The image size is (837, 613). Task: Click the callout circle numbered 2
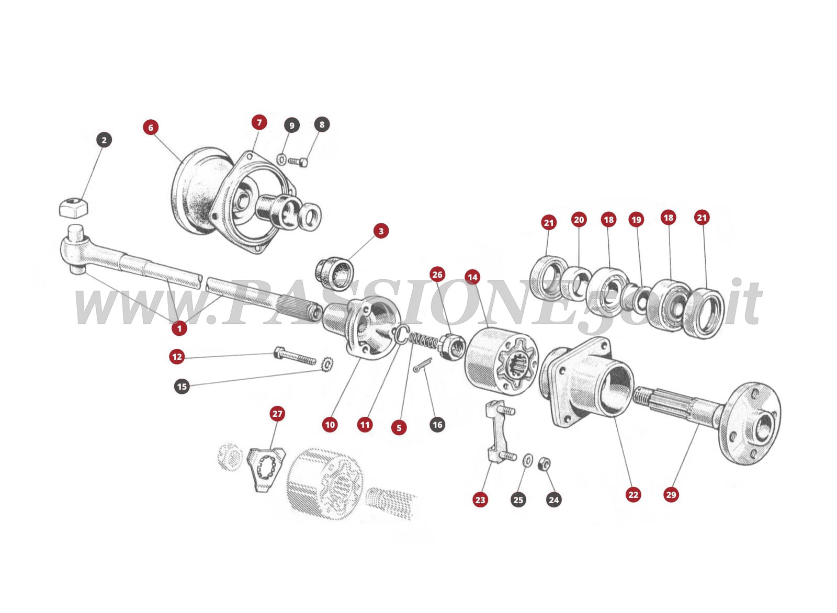pos(104,140)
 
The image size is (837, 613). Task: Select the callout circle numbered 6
pos(151,128)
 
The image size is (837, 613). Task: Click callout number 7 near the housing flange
pos(259,122)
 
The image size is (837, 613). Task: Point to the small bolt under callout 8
pos(298,162)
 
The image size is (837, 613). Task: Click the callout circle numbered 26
pos(437,275)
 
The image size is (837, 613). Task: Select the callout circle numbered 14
pos(472,277)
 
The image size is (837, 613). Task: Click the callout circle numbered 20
pos(579,220)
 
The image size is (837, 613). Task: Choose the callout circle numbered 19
pos(636,220)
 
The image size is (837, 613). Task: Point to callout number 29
pos(671,494)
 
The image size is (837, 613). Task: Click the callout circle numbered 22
pos(633,494)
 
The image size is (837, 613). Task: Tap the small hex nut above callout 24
pos(544,462)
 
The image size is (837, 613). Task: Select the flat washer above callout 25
pos(528,460)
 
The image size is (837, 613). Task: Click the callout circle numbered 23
pos(480,500)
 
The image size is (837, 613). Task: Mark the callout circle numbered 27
pos(277,414)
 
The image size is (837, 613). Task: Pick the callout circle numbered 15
pos(182,387)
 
